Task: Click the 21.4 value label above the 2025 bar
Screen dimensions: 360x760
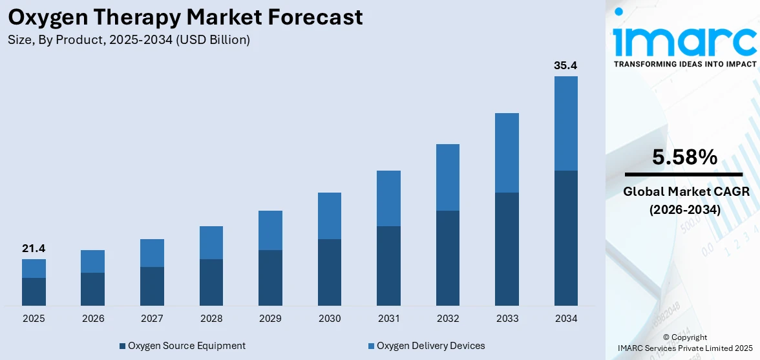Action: [x=34, y=249]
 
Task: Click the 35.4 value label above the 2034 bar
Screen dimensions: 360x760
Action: [x=565, y=65]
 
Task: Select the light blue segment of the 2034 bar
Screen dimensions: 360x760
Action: [x=566, y=123]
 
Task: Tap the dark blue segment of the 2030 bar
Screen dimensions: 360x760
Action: [x=330, y=272]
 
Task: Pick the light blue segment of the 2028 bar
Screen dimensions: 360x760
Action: [x=211, y=242]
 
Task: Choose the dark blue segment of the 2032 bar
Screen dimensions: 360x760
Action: [x=448, y=258]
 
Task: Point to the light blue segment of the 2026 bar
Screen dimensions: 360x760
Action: [x=92, y=261]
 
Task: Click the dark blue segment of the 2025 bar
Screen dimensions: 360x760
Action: [x=34, y=291]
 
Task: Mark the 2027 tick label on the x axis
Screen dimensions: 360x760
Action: [x=152, y=319]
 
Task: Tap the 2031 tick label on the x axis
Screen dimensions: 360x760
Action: [x=388, y=319]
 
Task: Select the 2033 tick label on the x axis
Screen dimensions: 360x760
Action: [x=507, y=319]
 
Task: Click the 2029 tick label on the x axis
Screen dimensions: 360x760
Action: [x=270, y=319]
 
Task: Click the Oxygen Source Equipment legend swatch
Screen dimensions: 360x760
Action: [x=122, y=346]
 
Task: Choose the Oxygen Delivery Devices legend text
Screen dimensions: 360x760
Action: [x=430, y=346]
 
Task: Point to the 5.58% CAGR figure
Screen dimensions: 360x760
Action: [x=684, y=157]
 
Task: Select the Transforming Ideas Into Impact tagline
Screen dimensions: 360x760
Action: [x=684, y=64]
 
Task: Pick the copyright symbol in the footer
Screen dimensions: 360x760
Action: [x=666, y=337]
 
